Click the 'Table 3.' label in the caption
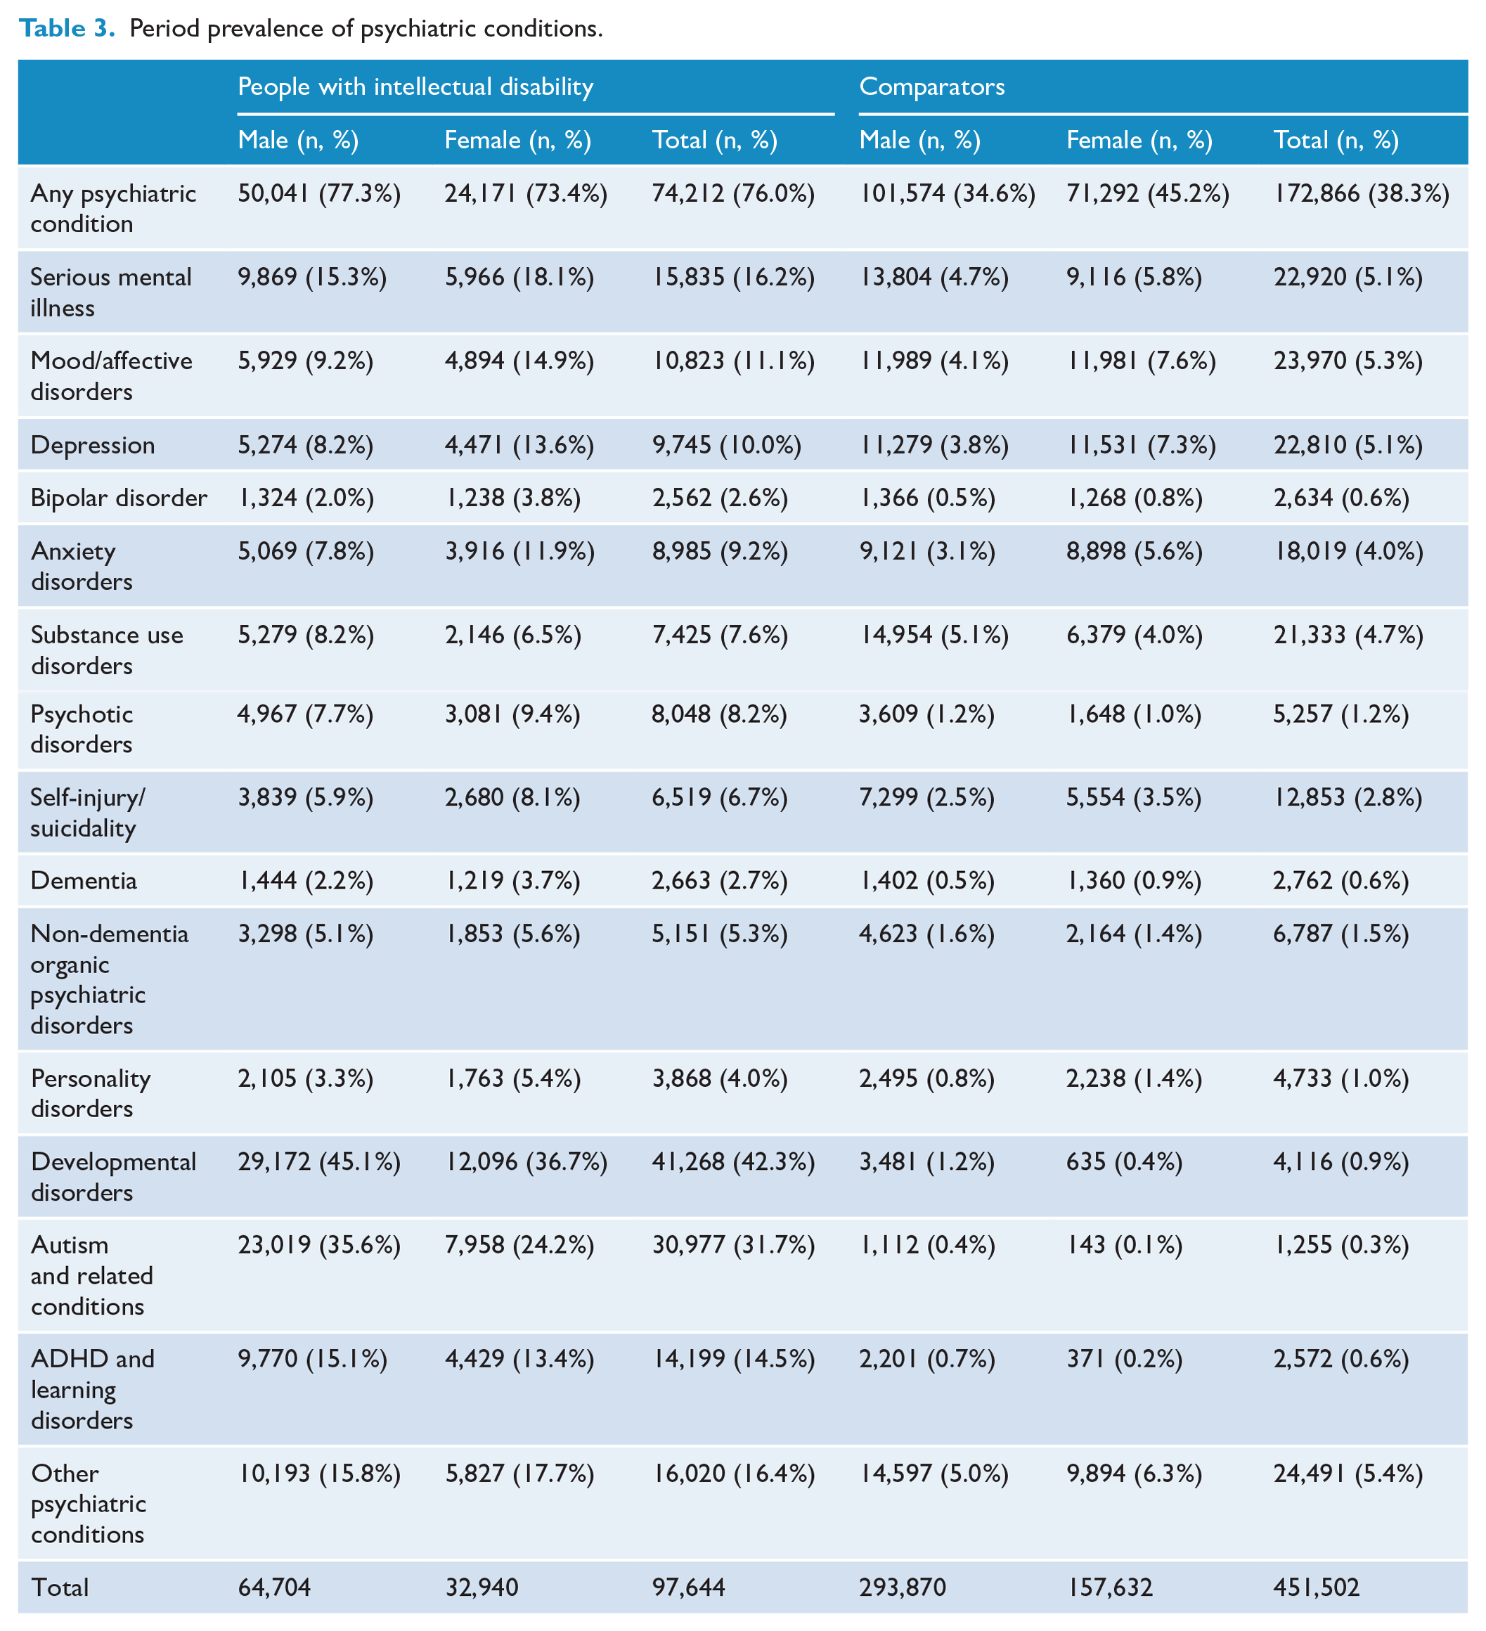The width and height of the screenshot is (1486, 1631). coord(67,28)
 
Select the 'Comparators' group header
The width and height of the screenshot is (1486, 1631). coord(932,86)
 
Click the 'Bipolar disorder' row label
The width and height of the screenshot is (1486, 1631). coord(119,498)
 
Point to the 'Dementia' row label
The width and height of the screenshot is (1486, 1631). coord(84,880)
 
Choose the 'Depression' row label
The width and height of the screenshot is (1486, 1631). coord(93,445)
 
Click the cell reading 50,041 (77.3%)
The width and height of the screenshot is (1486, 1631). coord(320,193)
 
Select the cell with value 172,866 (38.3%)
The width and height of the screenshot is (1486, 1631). coord(1362,193)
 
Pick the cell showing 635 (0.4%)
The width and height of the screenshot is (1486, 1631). coord(1125,1162)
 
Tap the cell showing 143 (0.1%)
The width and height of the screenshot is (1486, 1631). coord(1125,1245)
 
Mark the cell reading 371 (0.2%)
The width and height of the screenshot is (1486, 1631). coord(1125,1359)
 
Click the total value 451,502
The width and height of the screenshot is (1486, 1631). coord(1317,1587)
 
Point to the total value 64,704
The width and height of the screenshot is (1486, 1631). coord(274,1587)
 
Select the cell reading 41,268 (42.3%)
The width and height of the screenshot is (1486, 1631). coord(734,1162)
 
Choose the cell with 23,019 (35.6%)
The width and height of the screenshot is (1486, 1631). coord(320,1245)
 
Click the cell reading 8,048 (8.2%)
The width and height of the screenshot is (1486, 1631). coord(720,714)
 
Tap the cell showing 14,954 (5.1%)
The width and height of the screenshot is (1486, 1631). coord(934,635)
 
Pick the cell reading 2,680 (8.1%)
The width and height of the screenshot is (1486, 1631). coord(513,798)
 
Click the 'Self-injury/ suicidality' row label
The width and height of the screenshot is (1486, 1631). coord(88,813)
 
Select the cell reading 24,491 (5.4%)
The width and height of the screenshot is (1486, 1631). coord(1348,1474)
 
